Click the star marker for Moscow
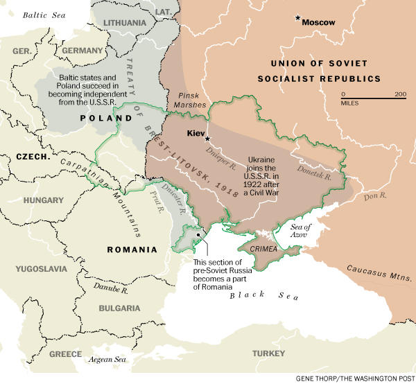pyautogui.click(x=298, y=17)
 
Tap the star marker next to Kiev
pyautogui.click(x=207, y=139)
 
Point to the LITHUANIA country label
pyautogui.click(x=125, y=23)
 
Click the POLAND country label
pyautogui.click(x=105, y=119)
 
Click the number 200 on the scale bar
pyautogui.click(x=400, y=94)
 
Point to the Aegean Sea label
pyautogui.click(x=106, y=360)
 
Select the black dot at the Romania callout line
pyautogui.click(x=198, y=235)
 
